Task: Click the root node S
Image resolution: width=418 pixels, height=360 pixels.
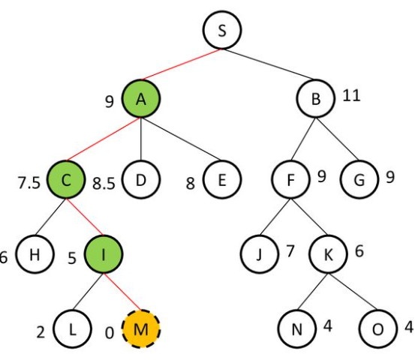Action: [x=222, y=30]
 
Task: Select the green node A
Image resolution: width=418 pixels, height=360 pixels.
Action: [x=141, y=98]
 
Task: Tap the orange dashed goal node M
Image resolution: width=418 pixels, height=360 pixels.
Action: [x=141, y=328]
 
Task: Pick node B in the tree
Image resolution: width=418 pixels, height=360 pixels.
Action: [x=316, y=98]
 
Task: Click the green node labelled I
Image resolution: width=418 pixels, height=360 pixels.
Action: [x=104, y=254]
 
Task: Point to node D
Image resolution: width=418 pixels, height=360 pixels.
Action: [x=141, y=179]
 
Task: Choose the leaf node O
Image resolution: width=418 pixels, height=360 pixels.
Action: [x=377, y=328]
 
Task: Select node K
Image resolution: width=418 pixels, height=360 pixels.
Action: [x=328, y=254]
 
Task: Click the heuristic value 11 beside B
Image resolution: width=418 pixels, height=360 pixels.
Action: [x=352, y=95]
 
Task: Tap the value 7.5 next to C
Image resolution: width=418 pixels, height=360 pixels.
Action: [x=29, y=183]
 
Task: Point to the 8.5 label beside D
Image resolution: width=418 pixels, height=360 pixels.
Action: [x=104, y=183]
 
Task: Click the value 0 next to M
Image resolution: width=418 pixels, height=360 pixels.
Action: [x=110, y=333]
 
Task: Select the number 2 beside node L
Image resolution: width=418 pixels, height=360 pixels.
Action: [x=41, y=332]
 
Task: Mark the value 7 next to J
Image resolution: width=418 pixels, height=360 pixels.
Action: [x=290, y=251]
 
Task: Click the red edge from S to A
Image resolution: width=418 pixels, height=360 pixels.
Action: [x=182, y=64]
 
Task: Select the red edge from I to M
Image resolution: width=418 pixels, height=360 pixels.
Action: [x=122, y=292]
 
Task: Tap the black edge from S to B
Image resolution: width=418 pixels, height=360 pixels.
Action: [x=269, y=64]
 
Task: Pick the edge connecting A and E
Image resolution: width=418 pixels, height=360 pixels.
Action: [x=182, y=139]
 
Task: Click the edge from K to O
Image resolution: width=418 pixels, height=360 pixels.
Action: [x=353, y=292]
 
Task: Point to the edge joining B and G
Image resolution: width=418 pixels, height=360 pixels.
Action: [x=338, y=139]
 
